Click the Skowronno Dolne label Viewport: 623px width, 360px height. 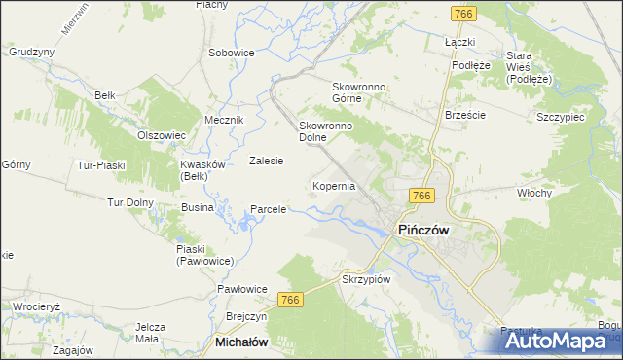coord(325,131)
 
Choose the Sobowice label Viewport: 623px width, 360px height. coord(231,53)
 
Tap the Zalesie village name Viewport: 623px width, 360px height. coord(266,161)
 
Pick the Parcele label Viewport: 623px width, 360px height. coord(268,209)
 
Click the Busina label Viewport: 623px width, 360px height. coord(197,208)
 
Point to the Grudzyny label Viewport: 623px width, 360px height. coord(31,52)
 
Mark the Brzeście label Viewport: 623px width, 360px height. coord(464,114)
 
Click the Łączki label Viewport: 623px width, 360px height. coord(458,43)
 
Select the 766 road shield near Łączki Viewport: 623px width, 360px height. coord(462,12)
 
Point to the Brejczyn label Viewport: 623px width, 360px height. coord(245,317)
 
